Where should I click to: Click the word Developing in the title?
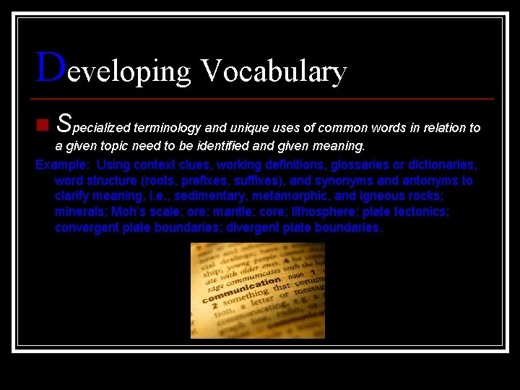pyautogui.click(x=113, y=71)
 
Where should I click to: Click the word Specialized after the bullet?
pyautogui.click(x=93, y=126)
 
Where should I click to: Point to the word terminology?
pyautogui.click(x=168, y=128)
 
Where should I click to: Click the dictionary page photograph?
pyautogui.click(x=257, y=290)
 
